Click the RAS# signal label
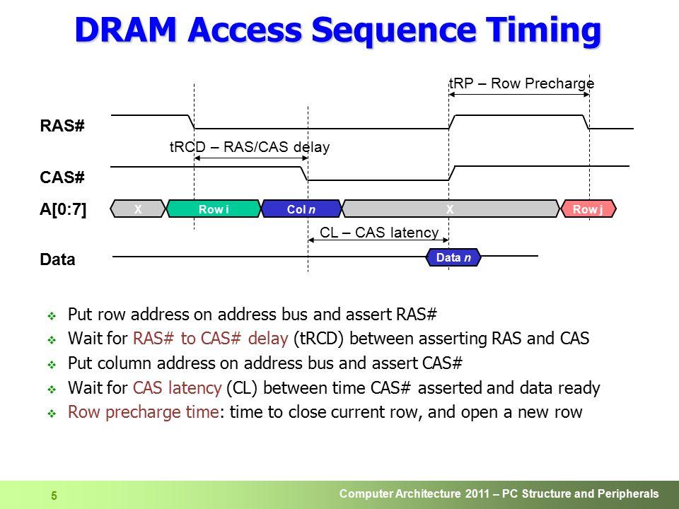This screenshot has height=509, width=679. (62, 126)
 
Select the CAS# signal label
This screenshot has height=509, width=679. (62, 177)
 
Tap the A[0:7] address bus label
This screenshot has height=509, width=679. (63, 209)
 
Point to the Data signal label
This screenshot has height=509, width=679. (57, 259)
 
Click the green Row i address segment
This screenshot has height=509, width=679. (214, 209)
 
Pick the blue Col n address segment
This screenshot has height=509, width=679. (301, 209)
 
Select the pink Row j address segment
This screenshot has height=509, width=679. (588, 209)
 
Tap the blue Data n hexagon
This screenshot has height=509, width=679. (453, 257)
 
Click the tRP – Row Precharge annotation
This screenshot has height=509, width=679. (522, 83)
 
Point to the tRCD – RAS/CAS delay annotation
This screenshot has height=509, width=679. (250, 147)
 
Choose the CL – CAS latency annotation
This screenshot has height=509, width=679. (379, 233)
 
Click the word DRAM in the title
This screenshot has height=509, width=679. (126, 30)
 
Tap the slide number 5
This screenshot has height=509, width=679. (54, 496)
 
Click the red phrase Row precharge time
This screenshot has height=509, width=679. (144, 411)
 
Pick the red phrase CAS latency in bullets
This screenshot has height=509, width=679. (177, 387)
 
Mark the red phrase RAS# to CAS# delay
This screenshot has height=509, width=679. (211, 338)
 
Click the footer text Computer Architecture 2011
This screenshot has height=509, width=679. (417, 493)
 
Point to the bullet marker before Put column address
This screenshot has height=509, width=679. (52, 365)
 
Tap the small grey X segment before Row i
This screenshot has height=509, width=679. (138, 209)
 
